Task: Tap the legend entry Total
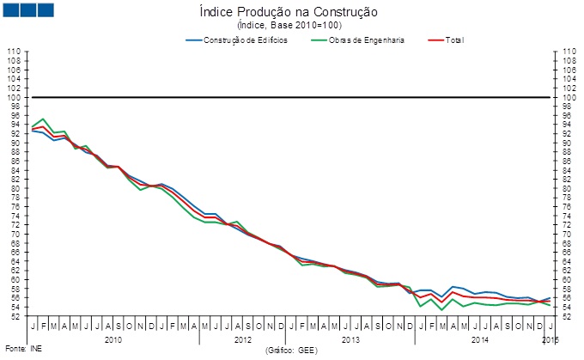(454, 40)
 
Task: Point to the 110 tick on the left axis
(14, 52)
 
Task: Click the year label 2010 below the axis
(112, 340)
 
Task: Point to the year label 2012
(243, 340)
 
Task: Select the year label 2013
(350, 340)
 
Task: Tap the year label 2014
(479, 340)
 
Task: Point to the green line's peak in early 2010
(43, 119)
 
